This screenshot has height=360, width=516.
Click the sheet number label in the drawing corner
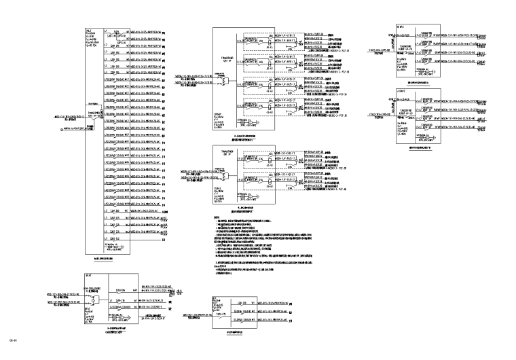click(12, 339)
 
